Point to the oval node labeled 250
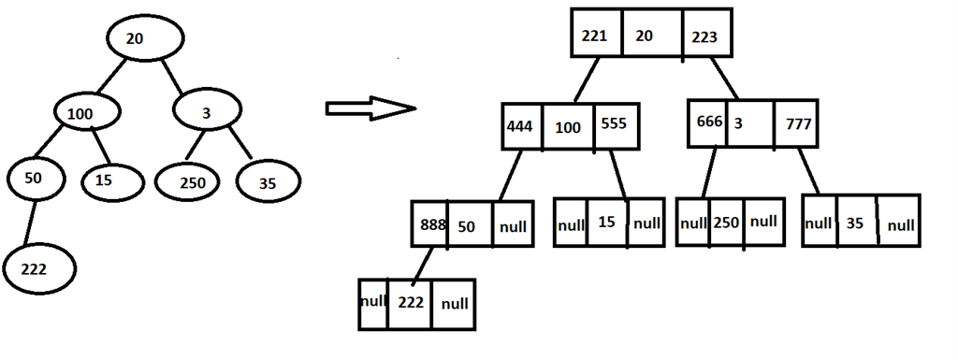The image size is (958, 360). (x=193, y=181)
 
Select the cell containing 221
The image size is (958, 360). (x=596, y=36)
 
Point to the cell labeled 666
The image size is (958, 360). (x=709, y=123)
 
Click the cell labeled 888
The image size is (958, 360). (x=430, y=225)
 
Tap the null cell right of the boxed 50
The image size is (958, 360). (x=513, y=225)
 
